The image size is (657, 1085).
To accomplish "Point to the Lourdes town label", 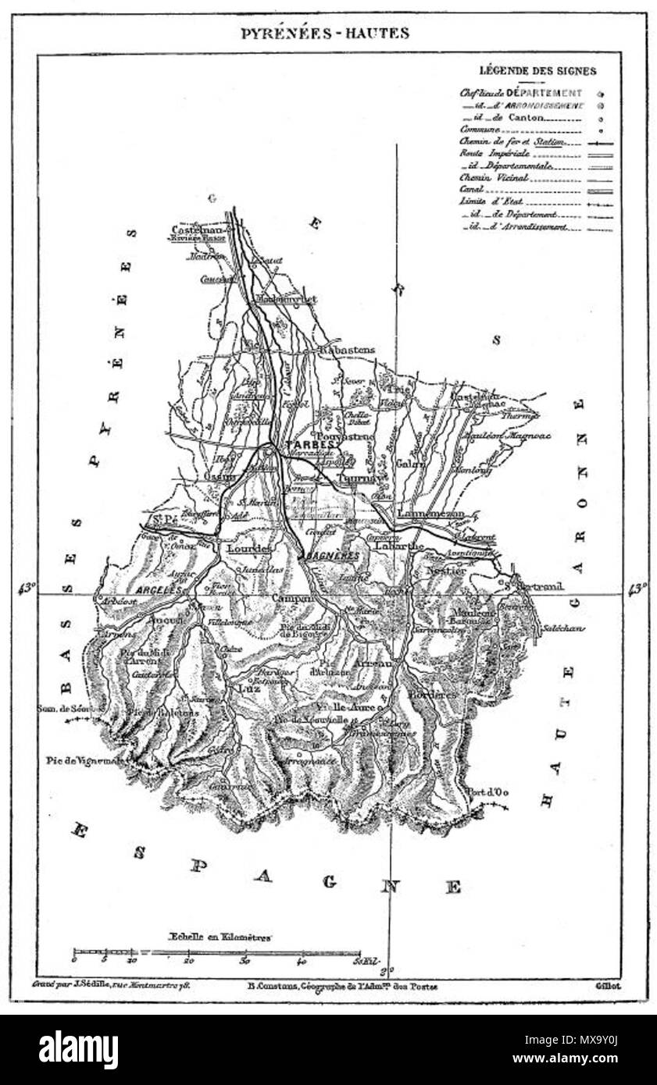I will pos(248,549).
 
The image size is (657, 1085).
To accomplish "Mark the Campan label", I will pos(292,599).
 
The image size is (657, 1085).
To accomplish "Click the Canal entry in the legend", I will pos(473,190).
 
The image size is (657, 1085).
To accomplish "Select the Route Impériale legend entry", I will pos(484,155).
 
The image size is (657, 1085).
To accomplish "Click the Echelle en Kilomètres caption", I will pos(220,936).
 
